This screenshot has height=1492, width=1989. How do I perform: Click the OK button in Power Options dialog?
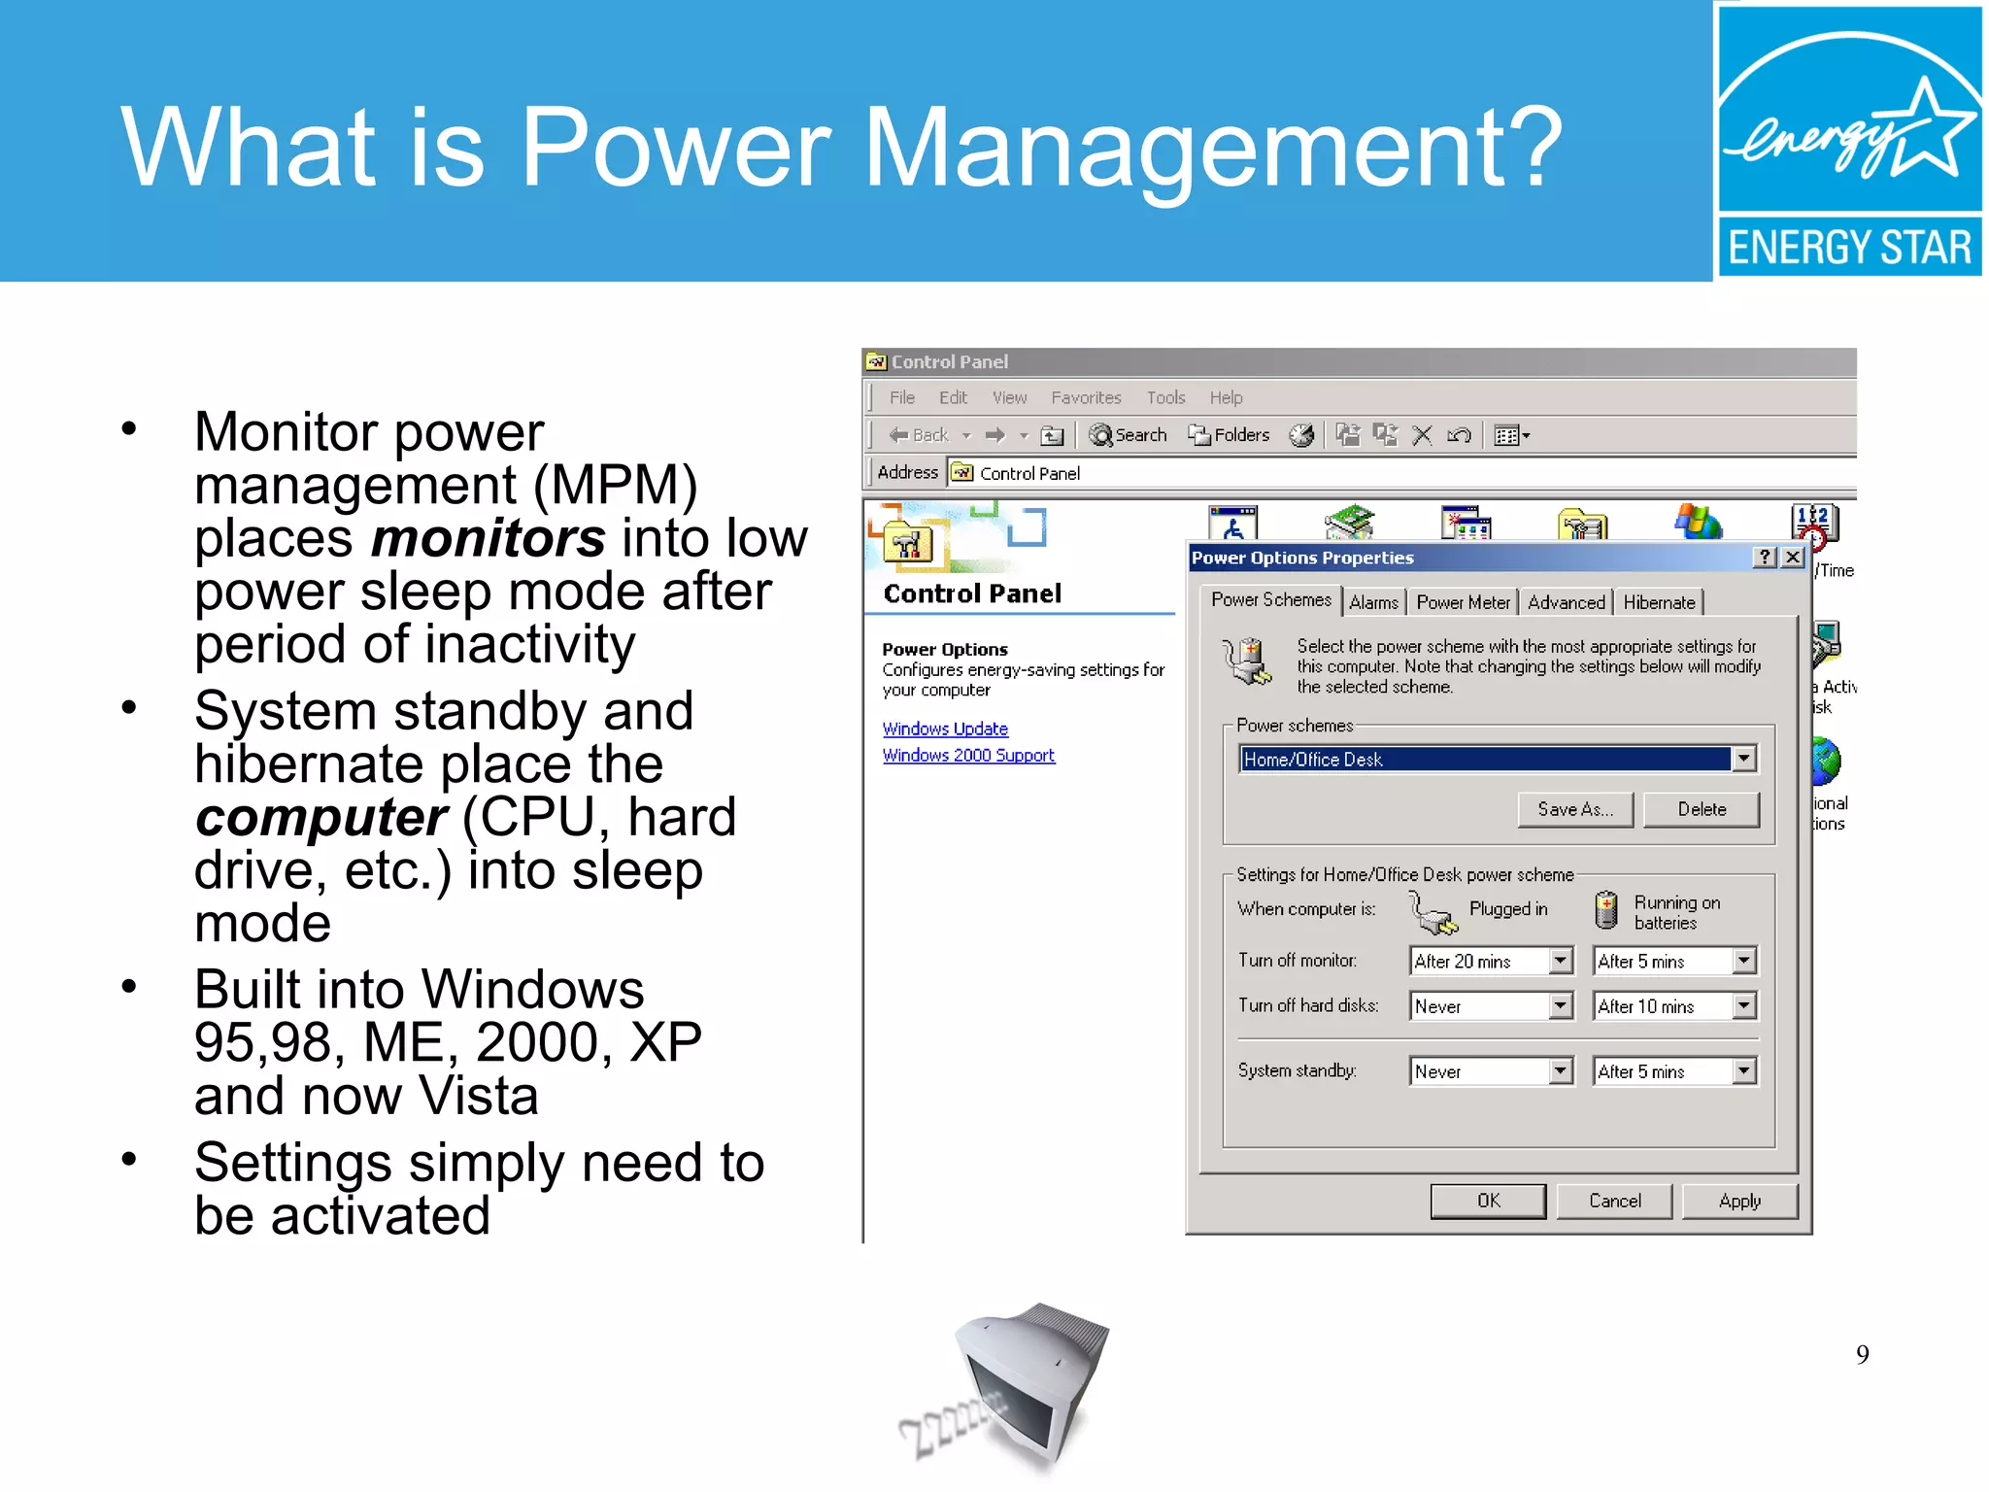click(1487, 1201)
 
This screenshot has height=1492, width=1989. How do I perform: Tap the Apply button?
click(1738, 1201)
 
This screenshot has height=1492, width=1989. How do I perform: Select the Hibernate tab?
click(1658, 602)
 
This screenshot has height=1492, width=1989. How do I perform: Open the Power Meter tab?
click(1463, 602)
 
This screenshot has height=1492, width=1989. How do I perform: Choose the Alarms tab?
click(1373, 602)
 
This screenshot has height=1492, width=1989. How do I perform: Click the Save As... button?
click(1574, 809)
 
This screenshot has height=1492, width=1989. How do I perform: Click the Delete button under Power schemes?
click(1701, 809)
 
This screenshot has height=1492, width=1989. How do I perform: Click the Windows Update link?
click(945, 729)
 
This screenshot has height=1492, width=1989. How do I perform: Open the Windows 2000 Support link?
click(968, 755)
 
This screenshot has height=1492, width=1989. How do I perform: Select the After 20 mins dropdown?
click(1490, 961)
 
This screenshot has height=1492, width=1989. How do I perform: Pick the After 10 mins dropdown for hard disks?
click(1674, 1006)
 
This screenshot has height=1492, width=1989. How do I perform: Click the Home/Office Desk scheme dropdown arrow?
click(1744, 759)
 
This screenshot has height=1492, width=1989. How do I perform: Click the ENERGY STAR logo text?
click(1849, 247)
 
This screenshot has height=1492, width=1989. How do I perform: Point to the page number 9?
click(1862, 1354)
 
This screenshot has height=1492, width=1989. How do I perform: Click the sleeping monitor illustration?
click(1020, 1384)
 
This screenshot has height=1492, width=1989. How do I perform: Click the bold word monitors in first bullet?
click(489, 538)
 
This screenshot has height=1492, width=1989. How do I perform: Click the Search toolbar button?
click(1128, 435)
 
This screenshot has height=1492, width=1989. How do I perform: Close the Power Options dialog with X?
click(1793, 557)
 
